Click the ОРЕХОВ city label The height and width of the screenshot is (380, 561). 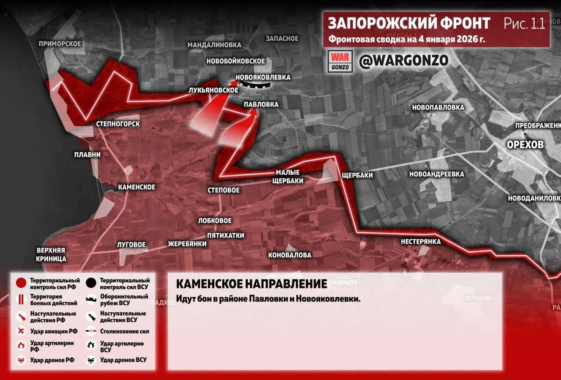point(525,145)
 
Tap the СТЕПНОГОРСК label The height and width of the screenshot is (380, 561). point(118,124)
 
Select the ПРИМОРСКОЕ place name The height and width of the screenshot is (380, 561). point(60,43)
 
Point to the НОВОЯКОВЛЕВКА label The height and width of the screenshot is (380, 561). point(263,77)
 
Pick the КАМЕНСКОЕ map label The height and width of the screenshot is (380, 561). point(137,187)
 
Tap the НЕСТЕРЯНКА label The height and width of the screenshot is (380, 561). point(420,241)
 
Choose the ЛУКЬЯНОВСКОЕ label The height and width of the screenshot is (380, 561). point(213,90)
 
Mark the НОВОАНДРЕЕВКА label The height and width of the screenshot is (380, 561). point(437,174)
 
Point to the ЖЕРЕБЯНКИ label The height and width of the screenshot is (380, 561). point(187,244)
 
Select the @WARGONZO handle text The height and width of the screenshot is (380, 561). point(403,61)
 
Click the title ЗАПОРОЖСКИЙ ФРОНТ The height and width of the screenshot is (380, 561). point(409,23)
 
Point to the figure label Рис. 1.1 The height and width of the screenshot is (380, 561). point(524,23)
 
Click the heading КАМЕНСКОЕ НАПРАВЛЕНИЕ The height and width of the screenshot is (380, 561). point(252,284)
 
